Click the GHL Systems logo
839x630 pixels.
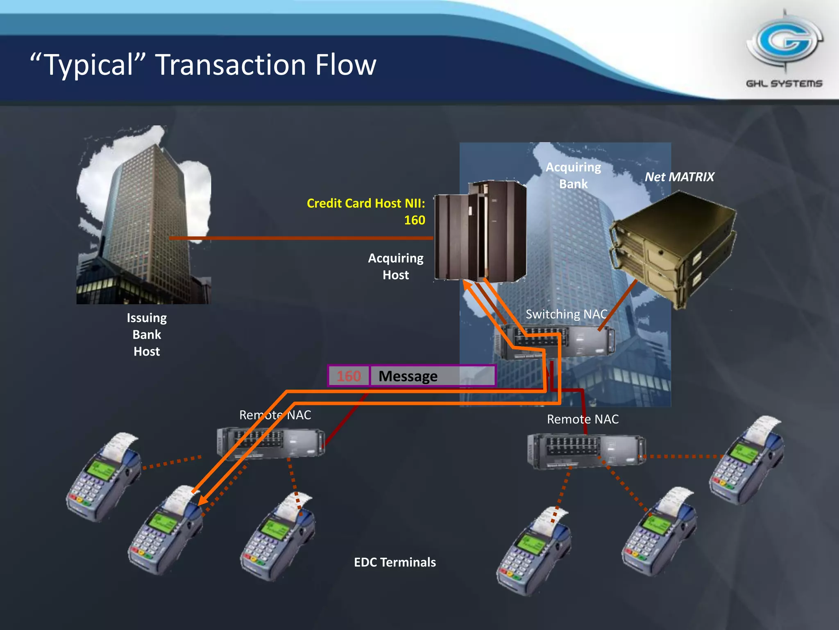click(784, 49)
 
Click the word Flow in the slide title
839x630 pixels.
click(345, 65)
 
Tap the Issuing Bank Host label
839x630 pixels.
click(147, 334)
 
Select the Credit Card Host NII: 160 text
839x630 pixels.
click(366, 211)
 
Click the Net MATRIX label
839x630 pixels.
click(679, 177)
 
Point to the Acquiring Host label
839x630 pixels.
click(395, 266)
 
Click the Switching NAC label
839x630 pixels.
click(566, 314)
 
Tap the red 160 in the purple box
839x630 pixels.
click(349, 376)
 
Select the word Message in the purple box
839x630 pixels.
click(408, 376)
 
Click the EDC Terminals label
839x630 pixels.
click(395, 562)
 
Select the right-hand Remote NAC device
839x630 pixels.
click(586, 451)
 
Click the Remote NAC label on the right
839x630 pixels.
click(583, 419)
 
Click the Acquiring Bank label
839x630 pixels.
click(574, 176)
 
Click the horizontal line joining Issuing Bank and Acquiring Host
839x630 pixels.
click(301, 238)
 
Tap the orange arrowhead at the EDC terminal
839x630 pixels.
click(202, 500)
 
